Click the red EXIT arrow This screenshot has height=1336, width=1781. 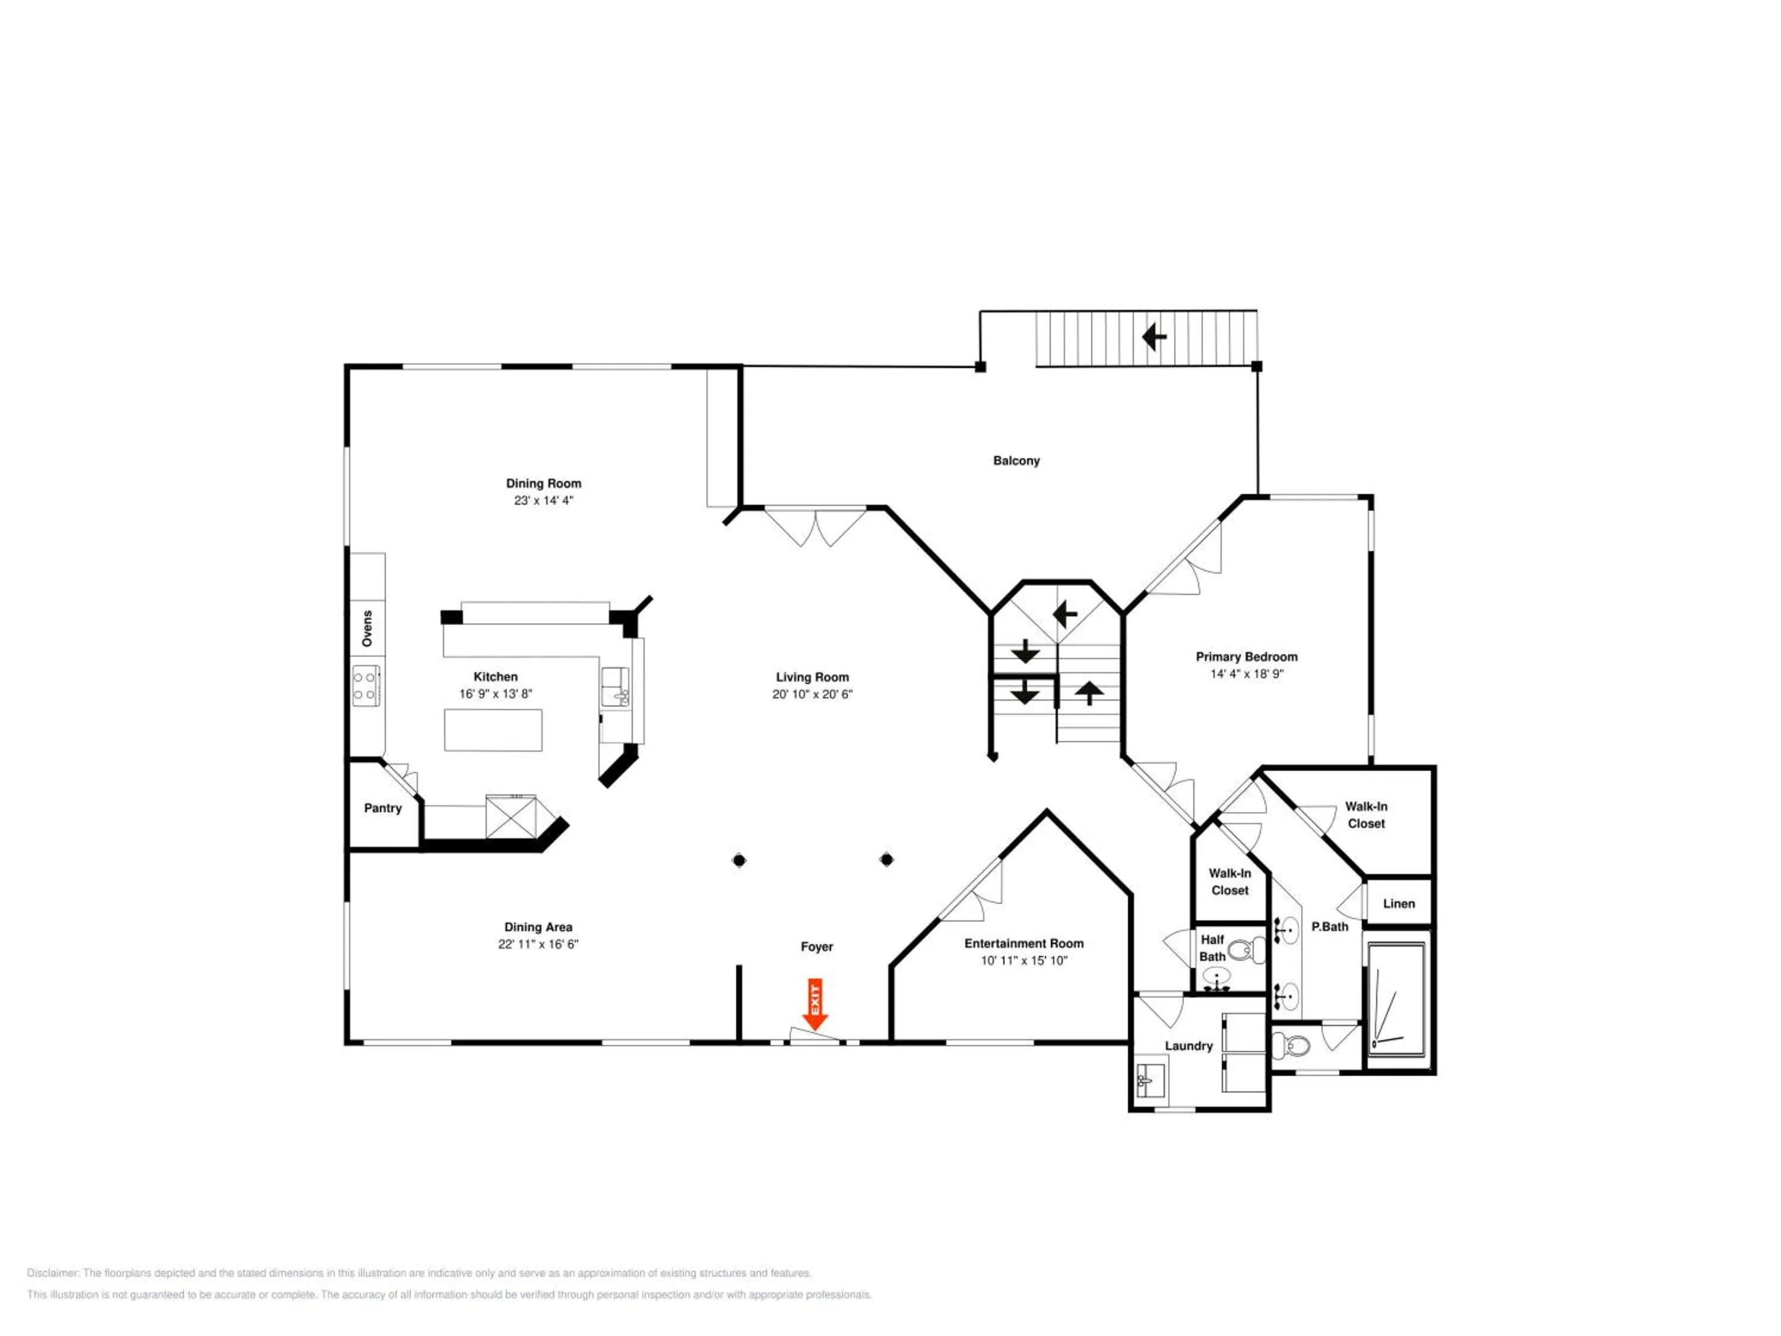816,1003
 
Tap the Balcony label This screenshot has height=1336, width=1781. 1016,461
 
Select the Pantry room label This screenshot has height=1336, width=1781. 382,808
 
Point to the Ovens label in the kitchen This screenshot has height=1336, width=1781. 367,628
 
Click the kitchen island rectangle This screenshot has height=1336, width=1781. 493,730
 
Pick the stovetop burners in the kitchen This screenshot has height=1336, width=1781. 366,685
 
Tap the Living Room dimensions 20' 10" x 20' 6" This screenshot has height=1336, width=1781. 812,694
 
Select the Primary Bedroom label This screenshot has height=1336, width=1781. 1246,656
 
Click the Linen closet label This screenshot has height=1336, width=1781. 1399,904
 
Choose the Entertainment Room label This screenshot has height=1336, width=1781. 1024,943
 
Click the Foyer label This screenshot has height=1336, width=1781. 816,946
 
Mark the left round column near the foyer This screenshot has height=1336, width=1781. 739,860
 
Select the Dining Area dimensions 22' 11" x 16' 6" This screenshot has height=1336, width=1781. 538,944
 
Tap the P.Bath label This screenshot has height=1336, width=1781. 1329,927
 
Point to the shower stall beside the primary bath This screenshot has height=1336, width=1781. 1397,999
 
